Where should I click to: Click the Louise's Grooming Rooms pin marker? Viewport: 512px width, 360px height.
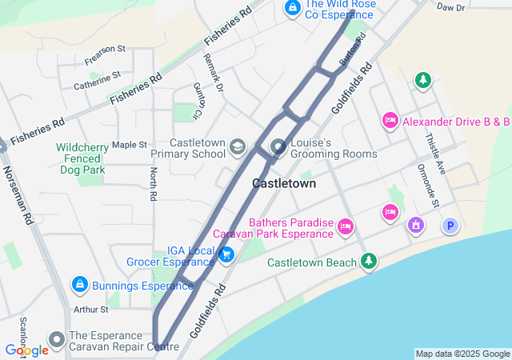pyautogui.click(x=278, y=147)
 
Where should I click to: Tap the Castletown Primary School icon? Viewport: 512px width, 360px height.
pyautogui.click(x=237, y=147)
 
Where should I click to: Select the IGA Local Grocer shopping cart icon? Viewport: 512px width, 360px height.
pyautogui.click(x=226, y=254)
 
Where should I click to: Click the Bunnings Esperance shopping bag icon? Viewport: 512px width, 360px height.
pyautogui.click(x=79, y=285)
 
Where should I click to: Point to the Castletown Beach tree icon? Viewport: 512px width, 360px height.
pyautogui.click(x=368, y=261)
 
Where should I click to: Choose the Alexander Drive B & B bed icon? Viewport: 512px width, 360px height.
pyautogui.click(x=390, y=121)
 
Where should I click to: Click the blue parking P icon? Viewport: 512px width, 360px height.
pyautogui.click(x=450, y=226)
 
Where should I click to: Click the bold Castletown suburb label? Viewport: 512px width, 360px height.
pyautogui.click(x=283, y=183)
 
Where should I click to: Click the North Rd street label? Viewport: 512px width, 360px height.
pyautogui.click(x=152, y=183)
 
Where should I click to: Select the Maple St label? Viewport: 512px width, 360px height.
pyautogui.click(x=130, y=145)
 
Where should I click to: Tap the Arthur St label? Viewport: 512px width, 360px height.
pyautogui.click(x=90, y=310)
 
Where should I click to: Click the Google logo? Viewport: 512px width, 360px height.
pyautogui.click(x=26, y=350)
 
